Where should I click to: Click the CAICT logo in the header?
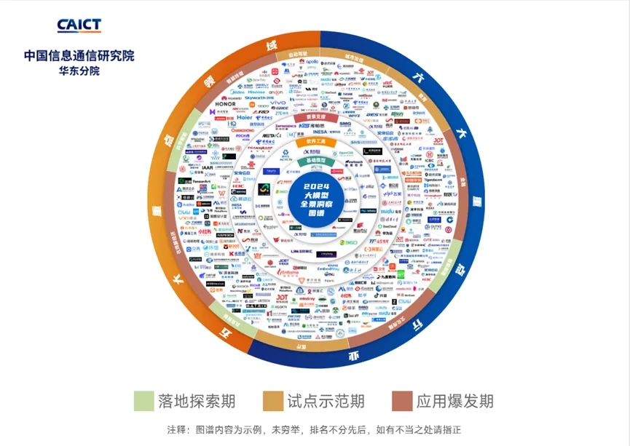tap(79, 25)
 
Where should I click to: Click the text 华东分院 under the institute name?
tap(79, 71)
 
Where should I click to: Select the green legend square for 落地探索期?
tap(143, 401)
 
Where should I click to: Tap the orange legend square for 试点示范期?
tap(273, 401)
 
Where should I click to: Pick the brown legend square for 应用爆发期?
tap(402, 401)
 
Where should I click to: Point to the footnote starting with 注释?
tap(314, 430)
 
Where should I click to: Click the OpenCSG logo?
tap(345, 154)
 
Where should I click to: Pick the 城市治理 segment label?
tap(354, 57)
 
